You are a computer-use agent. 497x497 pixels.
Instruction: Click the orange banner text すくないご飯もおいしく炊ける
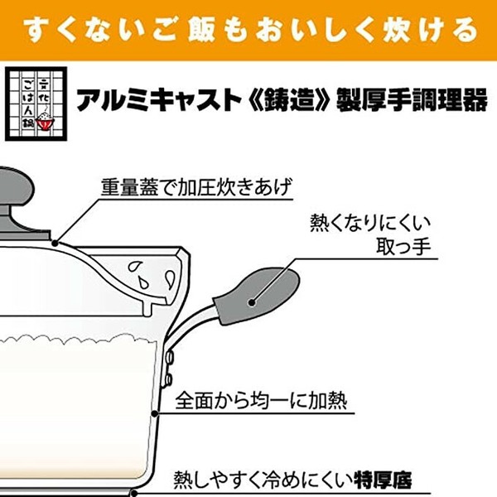click(250, 31)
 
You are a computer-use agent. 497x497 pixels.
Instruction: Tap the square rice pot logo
click(36, 104)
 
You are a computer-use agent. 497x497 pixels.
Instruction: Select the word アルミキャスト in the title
click(159, 99)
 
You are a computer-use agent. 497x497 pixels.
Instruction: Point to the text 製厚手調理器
click(412, 99)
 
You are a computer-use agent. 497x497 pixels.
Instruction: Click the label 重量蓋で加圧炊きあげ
click(195, 187)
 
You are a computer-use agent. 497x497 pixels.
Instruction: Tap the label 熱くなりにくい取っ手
click(370, 235)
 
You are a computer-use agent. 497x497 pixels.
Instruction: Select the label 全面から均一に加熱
click(261, 401)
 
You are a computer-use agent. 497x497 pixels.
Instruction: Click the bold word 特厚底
click(383, 480)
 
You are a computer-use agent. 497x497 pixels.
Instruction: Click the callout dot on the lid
click(55, 244)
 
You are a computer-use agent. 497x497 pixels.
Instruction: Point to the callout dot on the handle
click(252, 302)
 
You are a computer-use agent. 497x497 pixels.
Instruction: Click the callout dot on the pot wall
click(155, 413)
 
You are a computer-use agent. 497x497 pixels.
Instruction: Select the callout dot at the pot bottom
click(134, 493)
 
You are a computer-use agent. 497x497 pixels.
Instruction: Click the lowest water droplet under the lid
click(143, 283)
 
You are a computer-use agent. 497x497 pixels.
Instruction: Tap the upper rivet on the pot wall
click(169, 358)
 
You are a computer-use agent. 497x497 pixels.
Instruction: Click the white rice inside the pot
click(76, 409)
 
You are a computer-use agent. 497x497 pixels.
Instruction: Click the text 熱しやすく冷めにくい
click(263, 480)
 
